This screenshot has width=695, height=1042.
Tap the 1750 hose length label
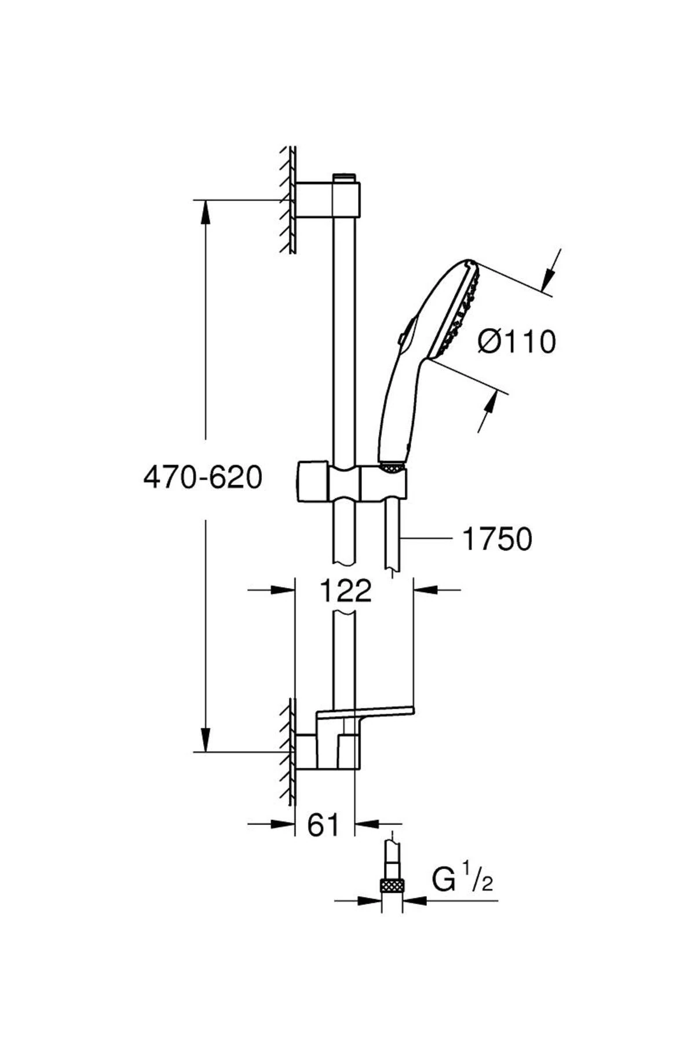click(497, 540)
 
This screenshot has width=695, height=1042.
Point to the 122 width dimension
click(345, 591)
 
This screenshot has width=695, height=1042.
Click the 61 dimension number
click(323, 824)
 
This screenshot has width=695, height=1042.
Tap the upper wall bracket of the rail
click(328, 200)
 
